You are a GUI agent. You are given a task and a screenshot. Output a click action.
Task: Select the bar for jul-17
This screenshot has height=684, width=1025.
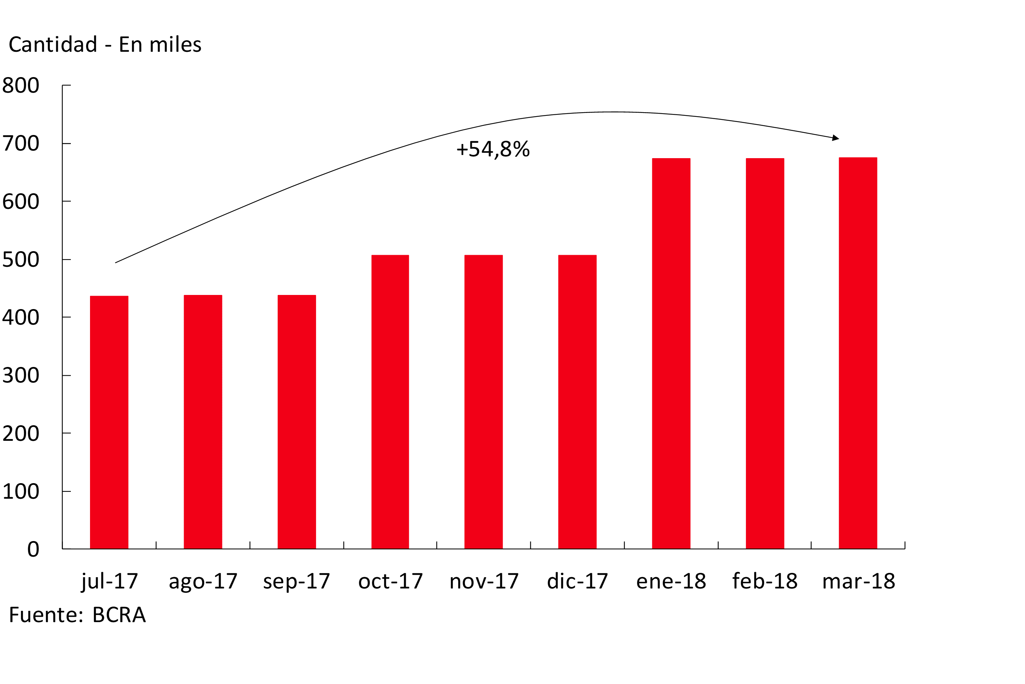[109, 422]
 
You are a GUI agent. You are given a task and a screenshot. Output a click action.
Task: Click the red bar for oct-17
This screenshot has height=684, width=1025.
[390, 401]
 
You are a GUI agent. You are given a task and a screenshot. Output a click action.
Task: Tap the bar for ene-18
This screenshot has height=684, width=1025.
[671, 353]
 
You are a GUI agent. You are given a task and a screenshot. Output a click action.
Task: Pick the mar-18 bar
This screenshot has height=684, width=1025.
[858, 353]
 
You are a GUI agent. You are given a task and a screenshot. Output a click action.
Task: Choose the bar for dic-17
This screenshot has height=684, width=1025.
[577, 401]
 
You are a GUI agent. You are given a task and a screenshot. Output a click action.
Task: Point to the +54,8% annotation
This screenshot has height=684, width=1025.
[493, 149]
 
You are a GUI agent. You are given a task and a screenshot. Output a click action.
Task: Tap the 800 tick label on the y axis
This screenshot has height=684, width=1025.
[21, 85]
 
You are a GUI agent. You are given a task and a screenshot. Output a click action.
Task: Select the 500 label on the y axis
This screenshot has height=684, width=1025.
[21, 259]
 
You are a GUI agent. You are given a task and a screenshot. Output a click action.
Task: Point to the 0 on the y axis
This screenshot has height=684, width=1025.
[33, 549]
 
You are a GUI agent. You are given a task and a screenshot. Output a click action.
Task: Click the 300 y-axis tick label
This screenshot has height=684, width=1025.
[21, 376]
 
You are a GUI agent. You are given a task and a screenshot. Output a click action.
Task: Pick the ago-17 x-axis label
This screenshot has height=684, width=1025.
[203, 582]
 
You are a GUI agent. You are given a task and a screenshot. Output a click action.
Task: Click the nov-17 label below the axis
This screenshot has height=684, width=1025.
[484, 582]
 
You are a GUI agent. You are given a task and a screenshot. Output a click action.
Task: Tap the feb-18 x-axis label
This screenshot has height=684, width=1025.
[765, 582]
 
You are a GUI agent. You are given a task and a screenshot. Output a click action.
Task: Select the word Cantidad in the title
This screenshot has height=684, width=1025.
[53, 45]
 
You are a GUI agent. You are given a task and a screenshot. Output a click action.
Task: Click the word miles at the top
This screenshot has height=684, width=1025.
[178, 45]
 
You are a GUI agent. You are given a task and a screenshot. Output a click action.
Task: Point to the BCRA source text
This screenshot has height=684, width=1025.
[119, 615]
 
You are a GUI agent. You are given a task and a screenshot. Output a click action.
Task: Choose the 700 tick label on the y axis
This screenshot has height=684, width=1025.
[21, 144]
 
